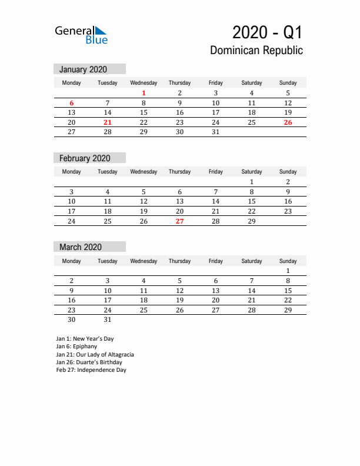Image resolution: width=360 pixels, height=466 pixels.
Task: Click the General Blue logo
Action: click(81, 34)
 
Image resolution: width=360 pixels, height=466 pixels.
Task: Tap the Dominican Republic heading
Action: click(256, 50)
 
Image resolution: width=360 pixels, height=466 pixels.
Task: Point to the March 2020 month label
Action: click(79, 247)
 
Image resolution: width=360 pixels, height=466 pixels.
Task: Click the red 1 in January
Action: click(144, 93)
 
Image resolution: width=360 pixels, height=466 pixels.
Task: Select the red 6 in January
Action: click(71, 102)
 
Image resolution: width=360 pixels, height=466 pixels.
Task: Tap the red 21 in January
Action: click(107, 122)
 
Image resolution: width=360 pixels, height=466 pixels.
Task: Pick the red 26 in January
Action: click(288, 122)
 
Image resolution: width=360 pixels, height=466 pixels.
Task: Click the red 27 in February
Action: click(179, 221)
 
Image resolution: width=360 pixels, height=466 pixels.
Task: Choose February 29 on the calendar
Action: click(252, 221)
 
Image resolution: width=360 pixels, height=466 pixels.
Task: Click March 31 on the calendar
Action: click(107, 320)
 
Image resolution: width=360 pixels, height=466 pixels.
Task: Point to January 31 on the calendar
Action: click(216, 132)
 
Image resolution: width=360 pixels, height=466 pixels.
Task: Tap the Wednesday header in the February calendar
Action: click(144, 172)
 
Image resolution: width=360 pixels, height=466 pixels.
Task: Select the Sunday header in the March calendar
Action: click(288, 261)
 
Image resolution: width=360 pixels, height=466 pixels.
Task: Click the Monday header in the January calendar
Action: click(71, 83)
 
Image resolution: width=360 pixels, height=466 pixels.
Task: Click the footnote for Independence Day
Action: click(91, 370)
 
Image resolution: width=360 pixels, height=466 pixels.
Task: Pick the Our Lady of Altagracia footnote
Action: click(95, 355)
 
